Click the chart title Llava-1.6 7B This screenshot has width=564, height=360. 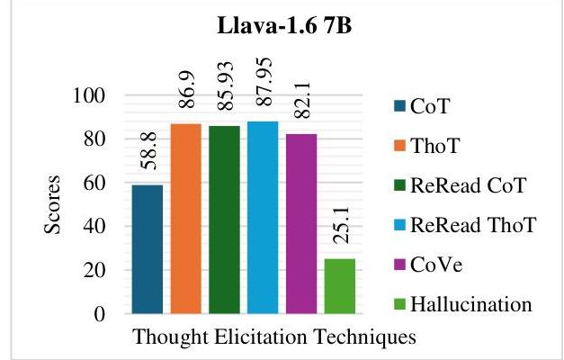284,26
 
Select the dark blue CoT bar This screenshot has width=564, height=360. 148,249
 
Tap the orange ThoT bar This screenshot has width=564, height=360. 186,219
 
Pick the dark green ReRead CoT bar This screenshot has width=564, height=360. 225,220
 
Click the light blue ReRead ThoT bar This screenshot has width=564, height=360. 263,218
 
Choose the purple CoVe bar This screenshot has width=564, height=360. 301,224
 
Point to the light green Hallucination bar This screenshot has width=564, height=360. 340,286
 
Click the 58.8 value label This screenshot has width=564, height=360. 148,150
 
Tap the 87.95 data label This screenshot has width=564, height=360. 264,82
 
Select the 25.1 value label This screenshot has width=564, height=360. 341,225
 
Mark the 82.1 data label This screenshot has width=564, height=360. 302,100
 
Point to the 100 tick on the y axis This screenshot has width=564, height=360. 89,95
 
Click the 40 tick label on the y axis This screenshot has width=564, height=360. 94,227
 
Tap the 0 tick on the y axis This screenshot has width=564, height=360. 101,314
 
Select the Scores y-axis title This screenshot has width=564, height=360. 52,204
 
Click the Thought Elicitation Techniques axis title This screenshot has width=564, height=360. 274,337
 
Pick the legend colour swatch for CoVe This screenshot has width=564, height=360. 400,265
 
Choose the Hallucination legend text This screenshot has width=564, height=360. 471,304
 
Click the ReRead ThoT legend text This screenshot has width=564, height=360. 473,225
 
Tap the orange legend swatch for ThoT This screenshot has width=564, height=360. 400,146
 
